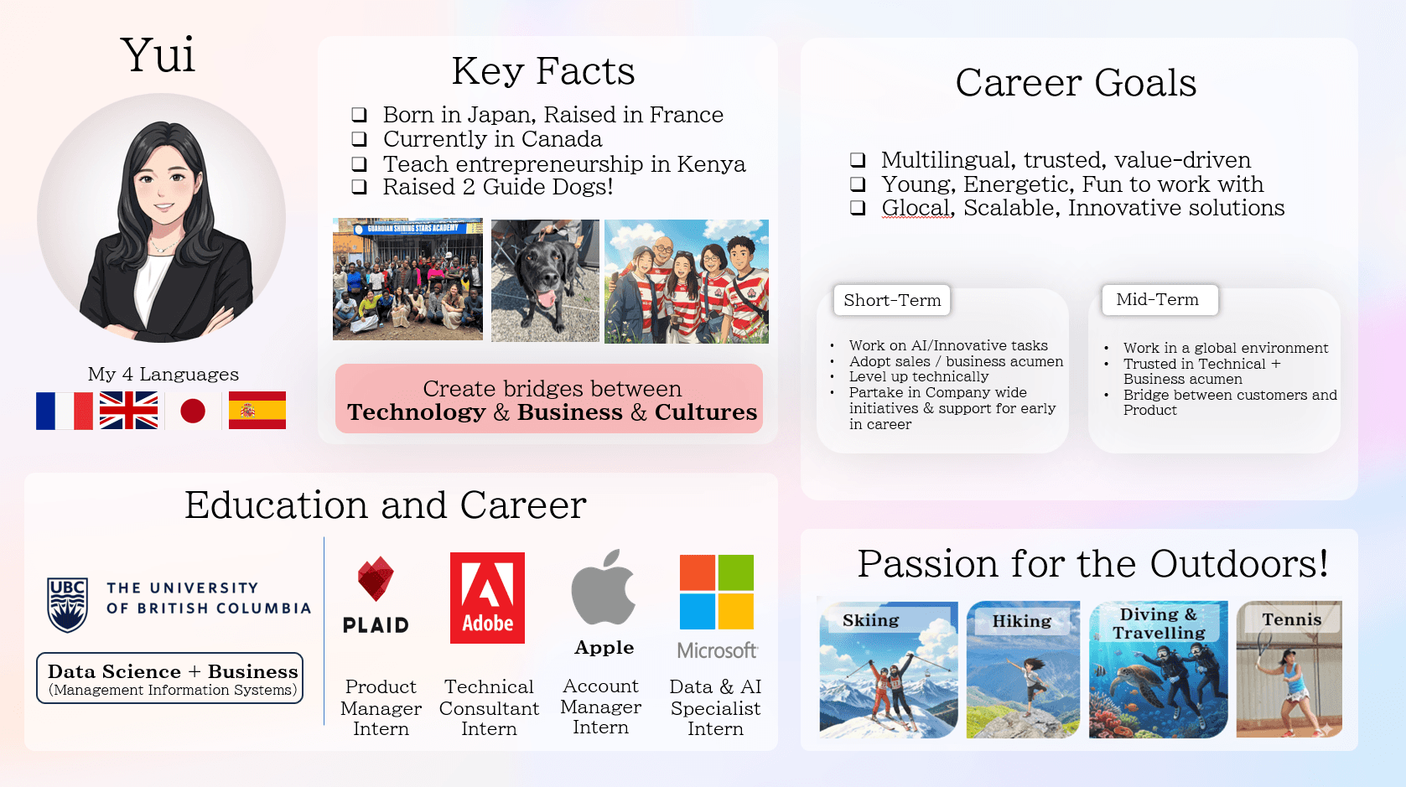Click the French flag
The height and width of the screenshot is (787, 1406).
click(64, 411)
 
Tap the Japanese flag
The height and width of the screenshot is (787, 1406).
click(193, 411)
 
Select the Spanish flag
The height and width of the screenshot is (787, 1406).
click(257, 411)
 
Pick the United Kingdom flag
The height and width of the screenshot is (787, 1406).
click(128, 411)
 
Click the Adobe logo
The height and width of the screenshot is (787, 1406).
click(487, 598)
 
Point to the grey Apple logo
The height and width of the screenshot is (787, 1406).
click(603, 588)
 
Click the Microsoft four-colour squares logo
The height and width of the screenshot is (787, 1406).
click(717, 592)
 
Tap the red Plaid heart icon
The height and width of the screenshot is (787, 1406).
click(376, 578)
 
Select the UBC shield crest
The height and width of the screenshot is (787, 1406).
click(68, 604)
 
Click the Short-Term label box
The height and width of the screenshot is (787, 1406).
click(892, 300)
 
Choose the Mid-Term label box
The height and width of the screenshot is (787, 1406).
click(1160, 299)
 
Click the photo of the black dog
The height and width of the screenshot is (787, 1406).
click(545, 281)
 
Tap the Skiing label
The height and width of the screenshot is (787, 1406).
click(870, 621)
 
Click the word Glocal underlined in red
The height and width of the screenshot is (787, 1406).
click(916, 208)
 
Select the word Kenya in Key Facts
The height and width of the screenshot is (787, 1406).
click(711, 163)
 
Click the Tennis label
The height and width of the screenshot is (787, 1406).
click(1292, 619)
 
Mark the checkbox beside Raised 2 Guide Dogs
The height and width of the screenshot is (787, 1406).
click(359, 187)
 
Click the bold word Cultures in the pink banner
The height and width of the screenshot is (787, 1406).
click(706, 412)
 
